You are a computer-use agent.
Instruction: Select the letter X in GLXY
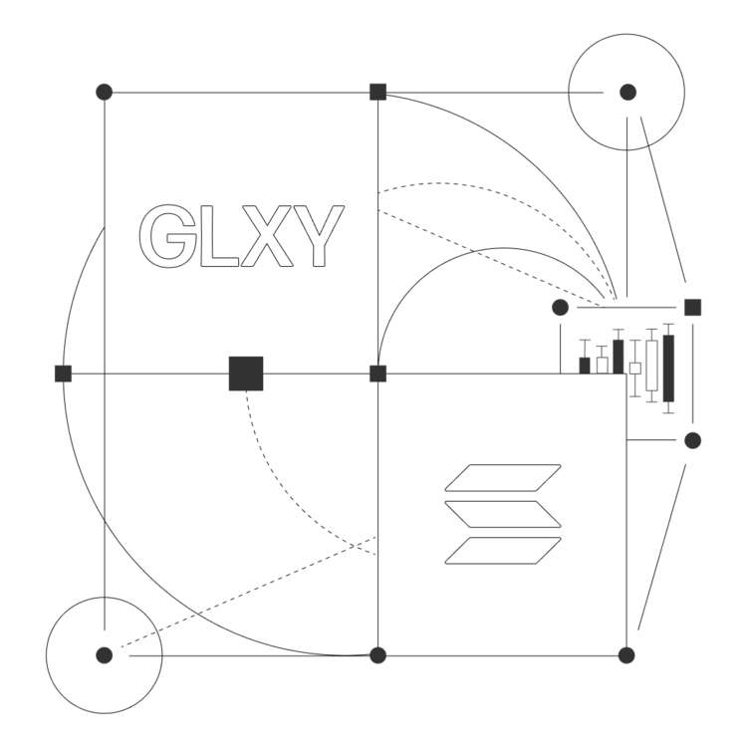pyautogui.click(x=267, y=237)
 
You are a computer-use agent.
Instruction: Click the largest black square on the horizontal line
pyautogui.click(x=246, y=373)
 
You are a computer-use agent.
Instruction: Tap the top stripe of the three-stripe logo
pyautogui.click(x=503, y=477)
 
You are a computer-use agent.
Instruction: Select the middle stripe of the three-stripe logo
pyautogui.click(x=503, y=514)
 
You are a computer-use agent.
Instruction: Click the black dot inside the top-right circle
pyautogui.click(x=627, y=92)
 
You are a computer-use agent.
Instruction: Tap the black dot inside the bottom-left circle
pyautogui.click(x=105, y=654)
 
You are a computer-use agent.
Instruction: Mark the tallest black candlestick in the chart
pyautogui.click(x=668, y=368)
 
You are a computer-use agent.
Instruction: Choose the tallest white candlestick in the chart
pyautogui.click(x=651, y=365)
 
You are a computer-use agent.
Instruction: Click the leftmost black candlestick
pyautogui.click(x=585, y=365)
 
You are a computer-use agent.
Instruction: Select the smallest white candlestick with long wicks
pyautogui.click(x=634, y=369)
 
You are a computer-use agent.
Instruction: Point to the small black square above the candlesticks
pyautogui.click(x=693, y=307)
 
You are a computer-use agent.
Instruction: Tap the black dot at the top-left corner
pyautogui.click(x=105, y=92)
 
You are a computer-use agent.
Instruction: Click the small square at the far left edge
pyautogui.click(x=63, y=373)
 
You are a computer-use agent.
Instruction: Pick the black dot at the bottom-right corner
pyautogui.click(x=626, y=654)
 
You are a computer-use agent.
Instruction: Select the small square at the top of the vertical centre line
pyautogui.click(x=377, y=92)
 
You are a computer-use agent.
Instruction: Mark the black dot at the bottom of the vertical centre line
pyautogui.click(x=377, y=654)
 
